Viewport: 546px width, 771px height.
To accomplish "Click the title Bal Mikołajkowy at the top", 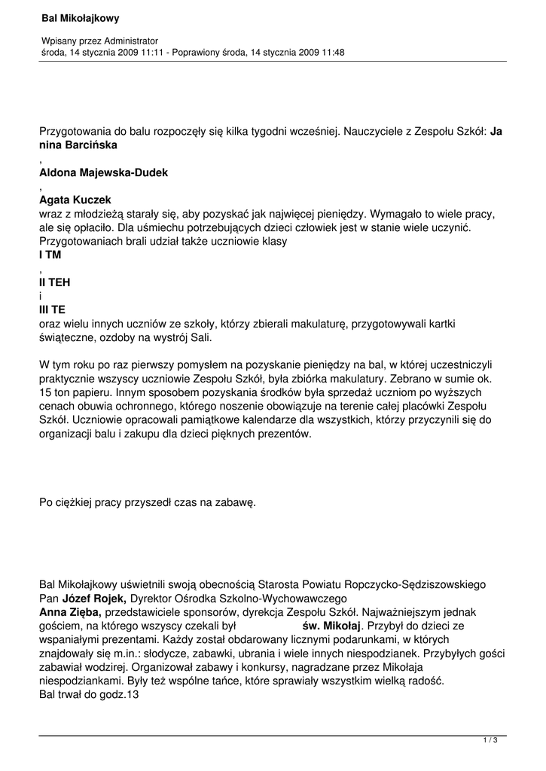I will coord(80,17).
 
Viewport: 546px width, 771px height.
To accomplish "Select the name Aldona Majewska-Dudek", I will coord(103,172).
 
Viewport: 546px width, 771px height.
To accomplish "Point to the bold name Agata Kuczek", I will coord(75,200).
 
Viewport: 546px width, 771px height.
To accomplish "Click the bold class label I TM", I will coord(50,255).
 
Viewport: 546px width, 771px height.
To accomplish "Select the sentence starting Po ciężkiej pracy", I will coord(148,502).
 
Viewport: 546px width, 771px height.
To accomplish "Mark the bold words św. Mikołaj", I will coord(331,626).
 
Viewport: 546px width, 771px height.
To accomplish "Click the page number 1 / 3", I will coord(490,741).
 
